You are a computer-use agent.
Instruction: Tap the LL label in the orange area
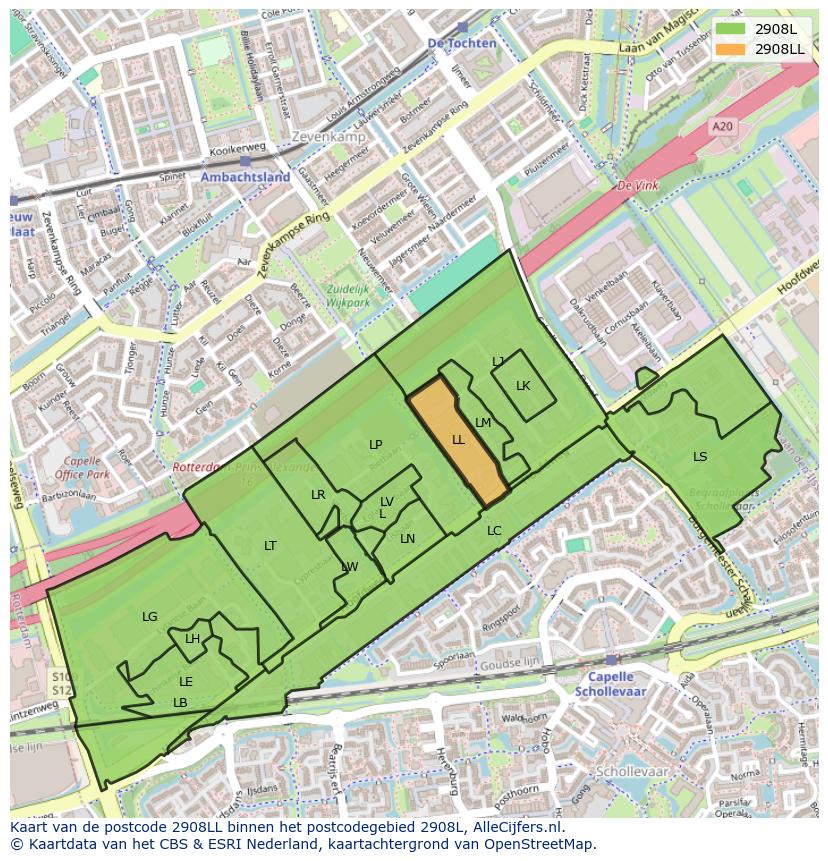click(458, 440)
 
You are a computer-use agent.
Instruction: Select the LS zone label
click(700, 457)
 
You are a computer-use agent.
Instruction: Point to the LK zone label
click(523, 386)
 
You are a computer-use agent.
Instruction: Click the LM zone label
click(483, 423)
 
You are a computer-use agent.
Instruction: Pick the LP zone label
click(375, 445)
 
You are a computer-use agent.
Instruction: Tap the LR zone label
click(318, 495)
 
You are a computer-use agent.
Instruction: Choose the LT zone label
click(270, 546)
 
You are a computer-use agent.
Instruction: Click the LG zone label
click(150, 617)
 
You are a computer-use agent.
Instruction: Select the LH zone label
click(192, 640)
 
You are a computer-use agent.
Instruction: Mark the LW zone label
click(349, 567)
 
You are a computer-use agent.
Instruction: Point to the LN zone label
click(407, 539)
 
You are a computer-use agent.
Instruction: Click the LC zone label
click(494, 531)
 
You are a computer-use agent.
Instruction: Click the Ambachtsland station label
click(245, 177)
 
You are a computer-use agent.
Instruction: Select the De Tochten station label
click(461, 44)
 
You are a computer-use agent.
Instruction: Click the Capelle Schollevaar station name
click(610, 684)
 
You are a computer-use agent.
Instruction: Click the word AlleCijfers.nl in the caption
click(514, 828)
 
